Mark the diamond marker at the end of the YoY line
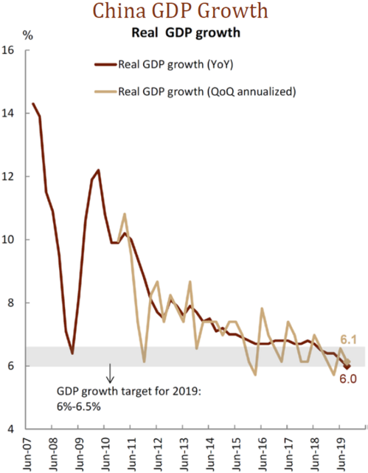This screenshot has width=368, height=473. [x=347, y=365]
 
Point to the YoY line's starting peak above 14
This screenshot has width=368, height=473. [x=32, y=104]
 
